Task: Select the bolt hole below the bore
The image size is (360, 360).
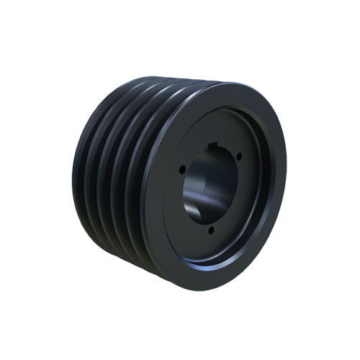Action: [210, 230]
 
